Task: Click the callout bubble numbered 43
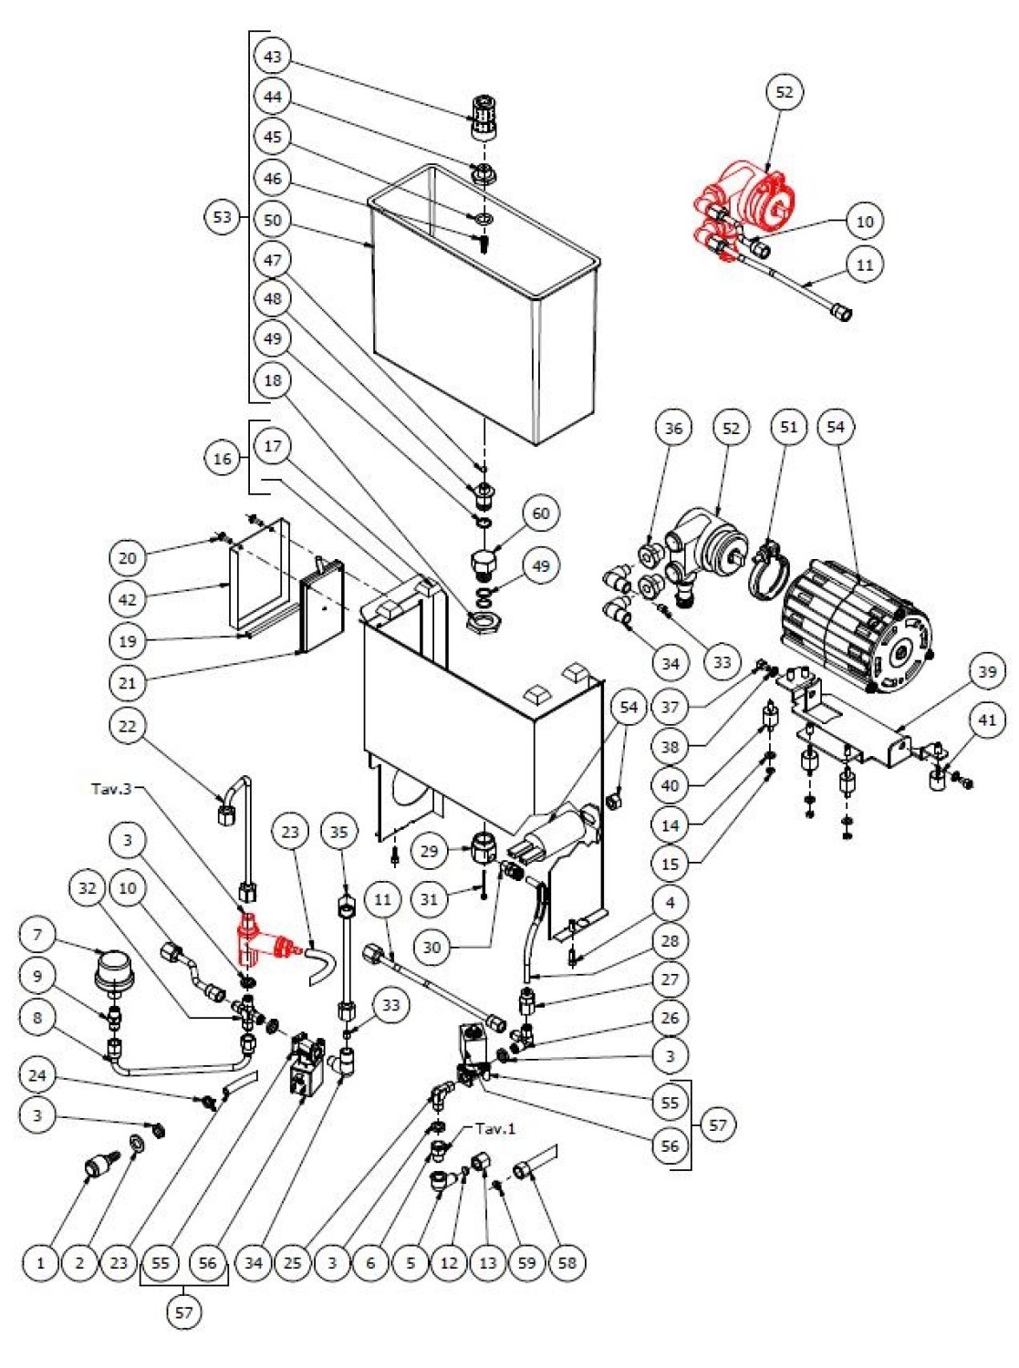[273, 57]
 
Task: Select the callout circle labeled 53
[223, 217]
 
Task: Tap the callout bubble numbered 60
[541, 513]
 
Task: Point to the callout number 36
[673, 428]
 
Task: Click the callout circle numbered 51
[789, 427]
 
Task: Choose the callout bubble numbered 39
[986, 671]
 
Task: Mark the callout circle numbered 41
[986, 720]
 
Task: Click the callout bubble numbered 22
[128, 727]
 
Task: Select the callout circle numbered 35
[339, 832]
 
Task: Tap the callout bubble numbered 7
[37, 935]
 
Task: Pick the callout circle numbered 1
[40, 1263]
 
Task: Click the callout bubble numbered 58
[567, 1263]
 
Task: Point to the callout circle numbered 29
[431, 851]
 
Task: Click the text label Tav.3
[113, 788]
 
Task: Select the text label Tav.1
[494, 1128]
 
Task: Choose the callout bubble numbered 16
[223, 458]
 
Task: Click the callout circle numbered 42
[128, 599]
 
